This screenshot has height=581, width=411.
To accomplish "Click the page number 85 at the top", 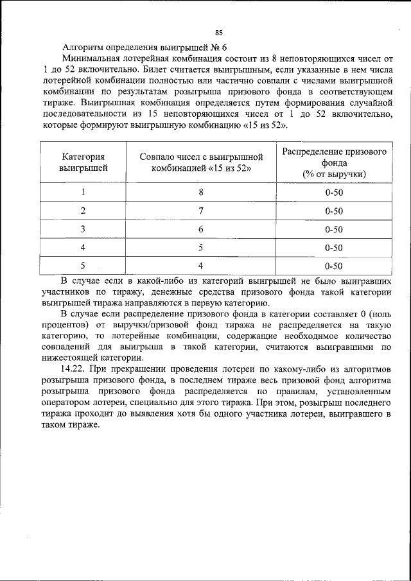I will pos(218,32).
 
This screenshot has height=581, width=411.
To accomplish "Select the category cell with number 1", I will pos(83,192).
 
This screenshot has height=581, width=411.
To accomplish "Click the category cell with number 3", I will pos(83,229).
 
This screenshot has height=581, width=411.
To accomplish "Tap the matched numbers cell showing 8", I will pos(201,192).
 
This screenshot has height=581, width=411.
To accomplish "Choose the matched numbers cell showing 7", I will pos(201,211).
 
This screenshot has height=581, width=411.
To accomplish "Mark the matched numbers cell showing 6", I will pos(201,229).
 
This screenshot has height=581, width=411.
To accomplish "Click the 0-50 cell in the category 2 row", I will pos(334,211).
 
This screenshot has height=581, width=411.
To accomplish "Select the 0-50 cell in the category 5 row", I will pos(334,265).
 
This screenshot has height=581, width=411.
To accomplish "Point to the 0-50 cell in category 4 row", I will pos(334,247).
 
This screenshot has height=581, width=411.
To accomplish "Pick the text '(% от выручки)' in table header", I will pos(334,174).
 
